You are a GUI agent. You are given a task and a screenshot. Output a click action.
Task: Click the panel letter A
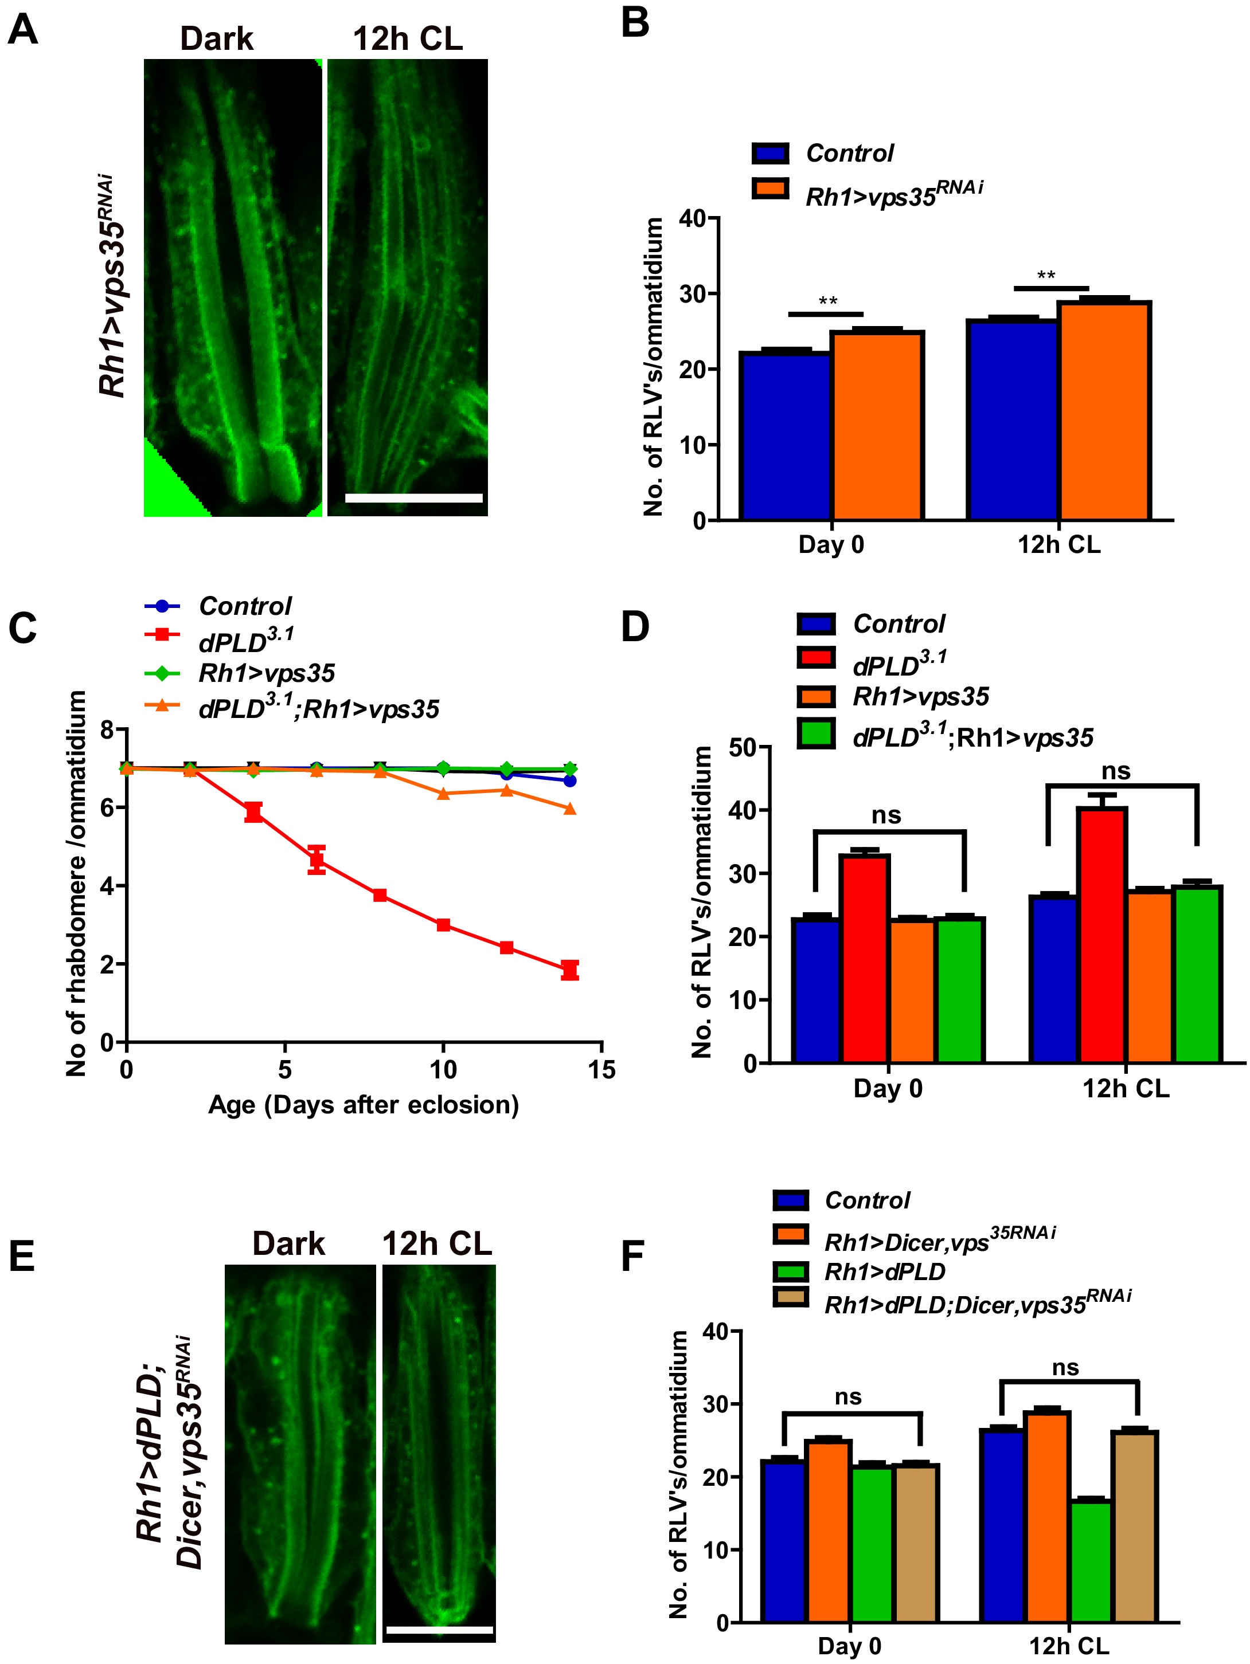pos(22,30)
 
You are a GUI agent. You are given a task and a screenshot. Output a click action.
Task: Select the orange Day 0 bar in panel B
pos(877,425)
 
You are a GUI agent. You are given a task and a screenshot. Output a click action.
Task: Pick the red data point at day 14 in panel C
pos(570,970)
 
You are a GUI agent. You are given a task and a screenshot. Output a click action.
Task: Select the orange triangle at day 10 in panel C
pos(443,794)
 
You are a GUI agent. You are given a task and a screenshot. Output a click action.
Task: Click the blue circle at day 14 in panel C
pos(570,781)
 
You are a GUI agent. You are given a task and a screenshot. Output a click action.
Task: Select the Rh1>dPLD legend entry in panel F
pos(885,1271)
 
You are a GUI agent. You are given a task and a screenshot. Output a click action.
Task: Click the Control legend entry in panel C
pos(245,606)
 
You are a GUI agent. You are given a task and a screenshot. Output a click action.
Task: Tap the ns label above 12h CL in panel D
pos(1115,771)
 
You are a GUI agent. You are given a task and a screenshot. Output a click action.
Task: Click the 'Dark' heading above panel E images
pos(289,1243)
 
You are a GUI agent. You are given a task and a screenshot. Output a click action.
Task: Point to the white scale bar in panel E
pos(439,1630)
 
